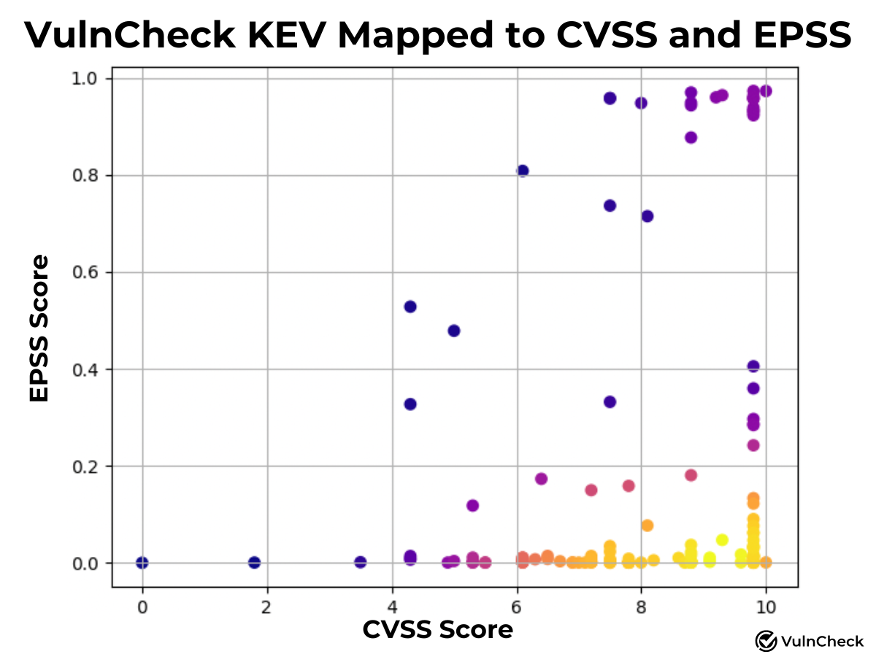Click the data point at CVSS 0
pyautogui.click(x=142, y=563)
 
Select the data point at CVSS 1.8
pyautogui.click(x=254, y=562)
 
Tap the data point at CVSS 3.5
pyautogui.click(x=360, y=562)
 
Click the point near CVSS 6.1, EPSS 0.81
pyautogui.click(x=523, y=171)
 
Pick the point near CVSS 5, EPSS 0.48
pyautogui.click(x=454, y=331)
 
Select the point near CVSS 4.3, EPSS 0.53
pyautogui.click(x=410, y=307)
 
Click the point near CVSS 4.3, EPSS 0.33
pyautogui.click(x=410, y=404)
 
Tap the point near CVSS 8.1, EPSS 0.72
pyautogui.click(x=648, y=216)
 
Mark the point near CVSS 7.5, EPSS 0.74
pyautogui.click(x=610, y=206)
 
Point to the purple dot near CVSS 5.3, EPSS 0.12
pyautogui.click(x=472, y=505)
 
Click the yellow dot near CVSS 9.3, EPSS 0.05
pyautogui.click(x=722, y=540)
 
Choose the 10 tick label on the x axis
pyautogui.click(x=765, y=607)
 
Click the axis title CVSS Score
pyautogui.click(x=438, y=629)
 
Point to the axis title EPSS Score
pyautogui.click(x=39, y=328)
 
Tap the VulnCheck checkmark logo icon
pyautogui.click(x=766, y=641)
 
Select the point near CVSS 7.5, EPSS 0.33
pyautogui.click(x=610, y=402)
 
